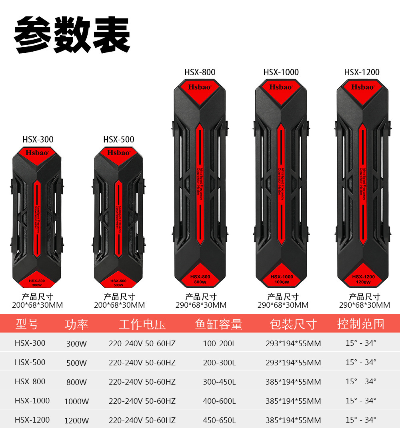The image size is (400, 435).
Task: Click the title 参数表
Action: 72,35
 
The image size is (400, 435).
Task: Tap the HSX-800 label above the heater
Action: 200,72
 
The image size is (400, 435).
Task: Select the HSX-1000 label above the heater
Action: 281,72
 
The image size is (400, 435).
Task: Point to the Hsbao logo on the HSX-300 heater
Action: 37,152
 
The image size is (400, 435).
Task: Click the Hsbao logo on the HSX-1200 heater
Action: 362,87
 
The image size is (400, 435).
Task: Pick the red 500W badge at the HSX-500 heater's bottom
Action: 118,283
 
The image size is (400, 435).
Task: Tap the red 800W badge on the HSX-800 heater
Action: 200,279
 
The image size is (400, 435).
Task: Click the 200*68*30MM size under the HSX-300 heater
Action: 37,305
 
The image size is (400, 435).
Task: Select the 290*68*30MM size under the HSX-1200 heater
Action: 364,305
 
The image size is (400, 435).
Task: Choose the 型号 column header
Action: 27,324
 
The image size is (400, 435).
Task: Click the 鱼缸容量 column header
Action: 219,324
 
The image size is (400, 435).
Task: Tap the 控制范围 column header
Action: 361,324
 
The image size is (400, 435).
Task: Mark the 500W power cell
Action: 76,363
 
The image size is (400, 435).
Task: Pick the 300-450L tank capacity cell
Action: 219,382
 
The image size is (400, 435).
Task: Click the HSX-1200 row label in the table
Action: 32,420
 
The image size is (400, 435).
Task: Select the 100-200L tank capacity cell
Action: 219,343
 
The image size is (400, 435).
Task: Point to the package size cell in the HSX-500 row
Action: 293,363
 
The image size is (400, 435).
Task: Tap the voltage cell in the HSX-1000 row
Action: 142,401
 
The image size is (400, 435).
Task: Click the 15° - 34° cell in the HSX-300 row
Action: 361,343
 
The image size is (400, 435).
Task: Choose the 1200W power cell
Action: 76,421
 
